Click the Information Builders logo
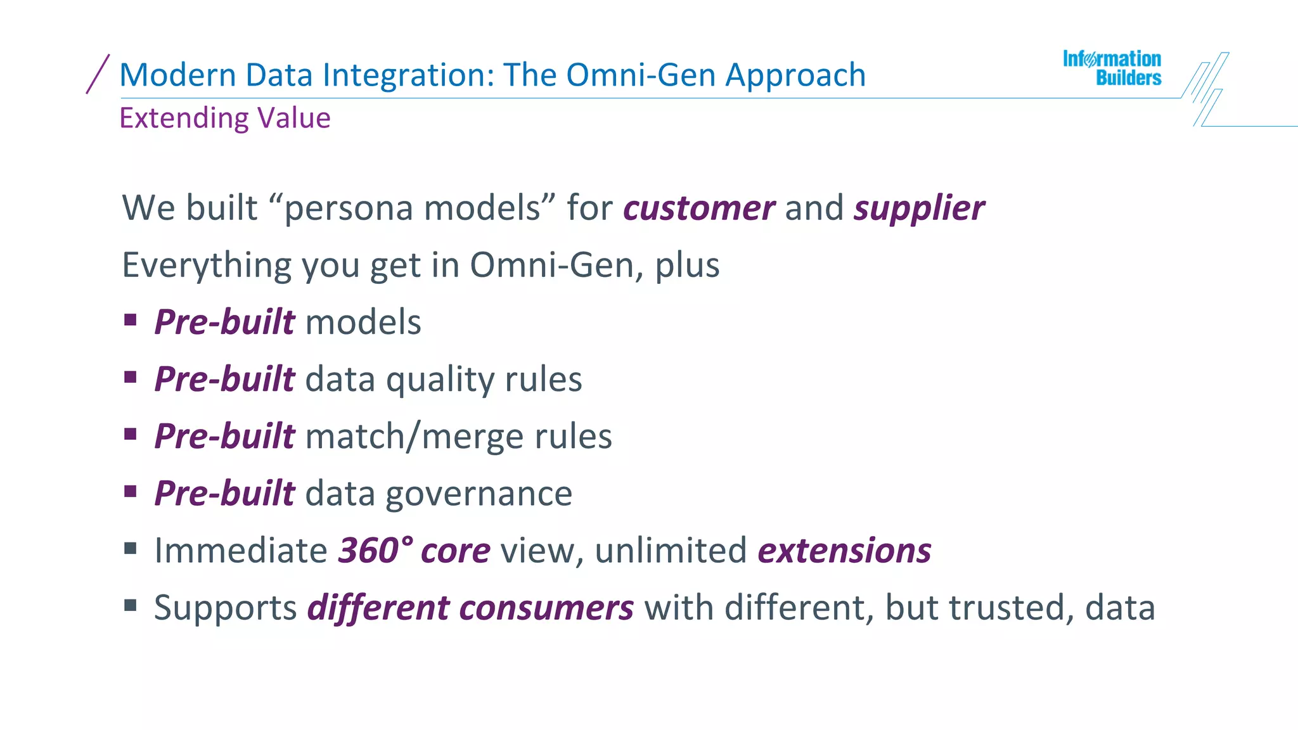(1112, 68)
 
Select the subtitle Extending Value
(225, 118)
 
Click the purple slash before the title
(98, 74)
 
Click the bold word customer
(698, 208)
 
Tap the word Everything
(206, 266)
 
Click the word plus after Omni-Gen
(687, 266)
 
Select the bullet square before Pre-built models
(131, 319)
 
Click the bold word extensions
(844, 550)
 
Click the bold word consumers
(546, 608)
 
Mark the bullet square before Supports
(131, 605)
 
